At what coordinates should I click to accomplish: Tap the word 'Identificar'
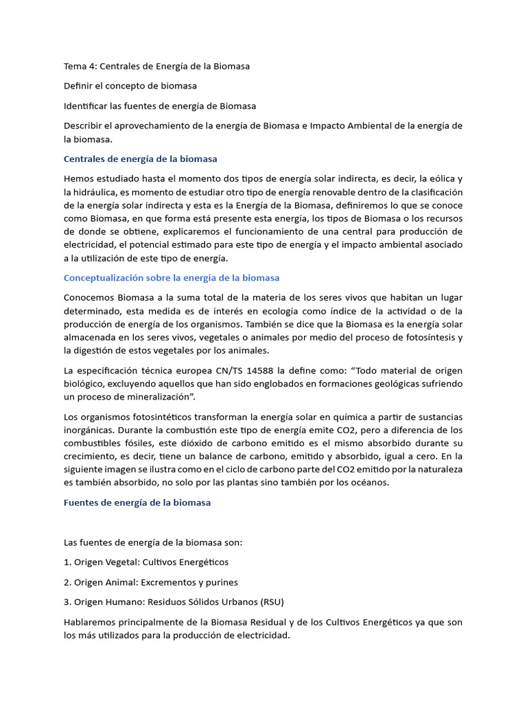click(86, 106)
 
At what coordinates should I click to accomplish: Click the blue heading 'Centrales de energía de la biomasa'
click(140, 159)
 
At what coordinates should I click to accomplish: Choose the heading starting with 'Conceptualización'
click(171, 278)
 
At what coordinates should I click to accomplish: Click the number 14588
click(263, 371)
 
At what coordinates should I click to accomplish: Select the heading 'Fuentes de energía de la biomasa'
click(137, 503)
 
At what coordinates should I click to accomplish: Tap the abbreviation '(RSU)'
click(271, 602)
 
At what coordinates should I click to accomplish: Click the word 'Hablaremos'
click(91, 622)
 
